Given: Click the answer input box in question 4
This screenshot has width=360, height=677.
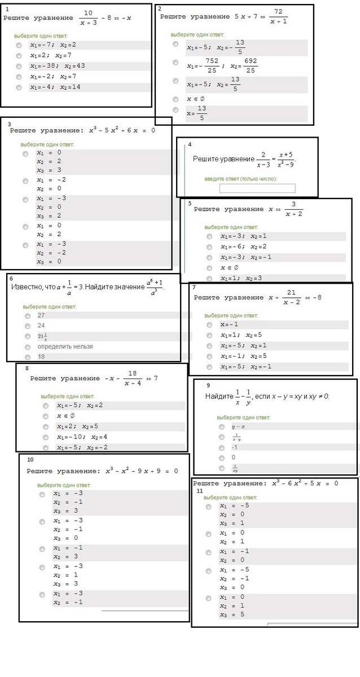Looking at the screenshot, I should pyautogui.click(x=257, y=188).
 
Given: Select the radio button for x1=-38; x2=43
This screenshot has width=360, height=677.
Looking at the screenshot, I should pyautogui.click(x=19, y=66).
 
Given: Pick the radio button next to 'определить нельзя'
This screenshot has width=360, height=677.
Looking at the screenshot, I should pyautogui.click(x=28, y=346).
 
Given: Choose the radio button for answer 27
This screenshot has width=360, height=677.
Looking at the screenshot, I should pyautogui.click(x=28, y=316).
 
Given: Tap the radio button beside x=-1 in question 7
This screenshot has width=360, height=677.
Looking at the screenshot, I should pyautogui.click(x=209, y=325).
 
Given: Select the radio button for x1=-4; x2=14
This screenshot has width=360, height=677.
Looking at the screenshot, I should pyautogui.click(x=19, y=87).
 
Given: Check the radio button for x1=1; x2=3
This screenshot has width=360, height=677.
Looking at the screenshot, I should pyautogui.click(x=209, y=279).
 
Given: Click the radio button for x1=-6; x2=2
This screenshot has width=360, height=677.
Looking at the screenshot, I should pyautogui.click(x=209, y=247).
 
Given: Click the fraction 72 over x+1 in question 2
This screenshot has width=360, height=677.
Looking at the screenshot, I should pyautogui.click(x=278, y=16).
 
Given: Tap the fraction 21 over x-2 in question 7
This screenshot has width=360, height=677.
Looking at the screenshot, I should pyautogui.click(x=292, y=297).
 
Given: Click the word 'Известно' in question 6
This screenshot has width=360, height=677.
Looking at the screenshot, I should pyautogui.click(x=26, y=287).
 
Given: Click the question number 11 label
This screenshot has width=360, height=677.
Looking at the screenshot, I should pyautogui.click(x=200, y=491).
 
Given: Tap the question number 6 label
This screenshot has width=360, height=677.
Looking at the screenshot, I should pyautogui.click(x=11, y=279).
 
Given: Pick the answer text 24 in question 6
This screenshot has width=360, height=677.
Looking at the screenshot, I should pyautogui.click(x=41, y=326).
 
